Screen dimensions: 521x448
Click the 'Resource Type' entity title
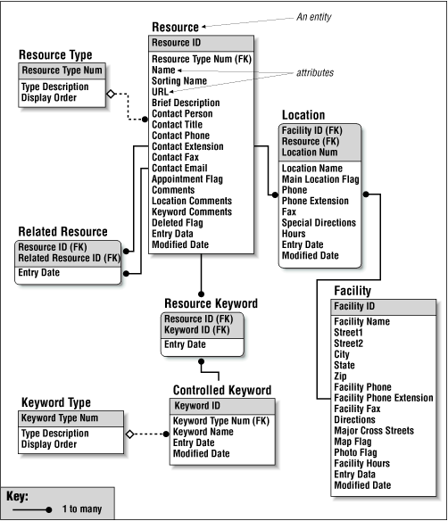point(55,55)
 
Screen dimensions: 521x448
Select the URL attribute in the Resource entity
point(162,91)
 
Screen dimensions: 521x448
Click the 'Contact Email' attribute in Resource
point(179,168)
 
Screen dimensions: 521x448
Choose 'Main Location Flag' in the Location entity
point(320,179)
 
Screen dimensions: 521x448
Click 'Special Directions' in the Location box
point(319,222)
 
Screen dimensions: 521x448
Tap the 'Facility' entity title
point(353,291)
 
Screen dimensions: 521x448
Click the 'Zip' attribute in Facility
point(341,376)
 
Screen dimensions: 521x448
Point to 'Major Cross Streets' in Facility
point(374,431)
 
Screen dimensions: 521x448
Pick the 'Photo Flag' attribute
point(357,452)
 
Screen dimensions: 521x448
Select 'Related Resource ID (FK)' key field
point(70,258)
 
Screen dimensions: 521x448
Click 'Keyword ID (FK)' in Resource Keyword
point(198,329)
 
